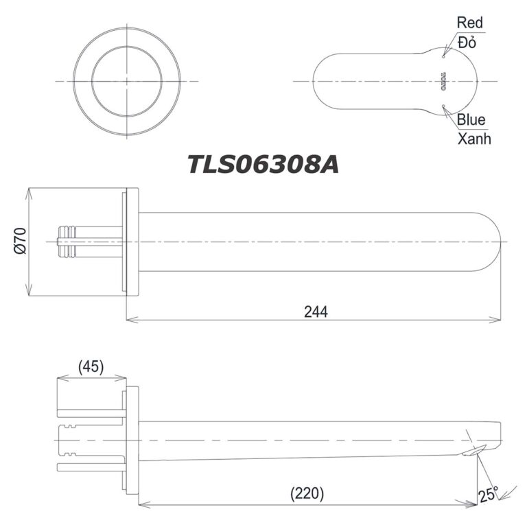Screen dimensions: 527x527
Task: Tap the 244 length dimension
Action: (x=316, y=310)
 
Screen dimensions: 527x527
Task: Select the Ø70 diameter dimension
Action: (x=20, y=242)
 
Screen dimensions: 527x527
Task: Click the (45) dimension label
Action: (x=91, y=366)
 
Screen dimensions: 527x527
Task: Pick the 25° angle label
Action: (x=489, y=493)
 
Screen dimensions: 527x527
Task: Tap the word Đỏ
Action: (x=467, y=42)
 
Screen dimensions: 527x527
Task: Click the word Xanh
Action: (x=474, y=139)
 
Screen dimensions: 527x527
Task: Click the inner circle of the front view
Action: (x=128, y=81)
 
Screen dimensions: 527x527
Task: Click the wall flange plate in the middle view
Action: (x=132, y=242)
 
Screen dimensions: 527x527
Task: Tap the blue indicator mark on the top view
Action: (x=444, y=106)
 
